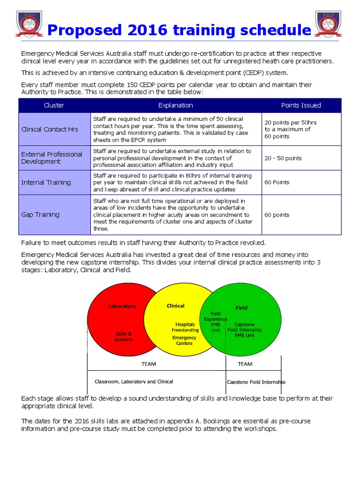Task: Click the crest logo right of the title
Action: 328,24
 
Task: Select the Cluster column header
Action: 54,105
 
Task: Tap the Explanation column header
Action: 175,105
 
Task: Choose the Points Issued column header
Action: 301,105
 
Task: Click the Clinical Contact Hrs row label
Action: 50,129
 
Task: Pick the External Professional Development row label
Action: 52,158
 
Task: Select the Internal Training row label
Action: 46,182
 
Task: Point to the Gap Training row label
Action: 40,215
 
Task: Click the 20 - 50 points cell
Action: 283,158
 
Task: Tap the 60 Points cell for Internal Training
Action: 277,182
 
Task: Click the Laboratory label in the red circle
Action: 122,306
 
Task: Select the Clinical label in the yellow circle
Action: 176,306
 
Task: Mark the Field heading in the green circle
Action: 241,308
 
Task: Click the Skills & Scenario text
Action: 124,337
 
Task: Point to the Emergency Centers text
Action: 184,340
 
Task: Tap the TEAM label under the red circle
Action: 149,364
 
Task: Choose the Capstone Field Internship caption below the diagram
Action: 255,382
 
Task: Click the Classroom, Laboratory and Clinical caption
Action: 134,382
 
